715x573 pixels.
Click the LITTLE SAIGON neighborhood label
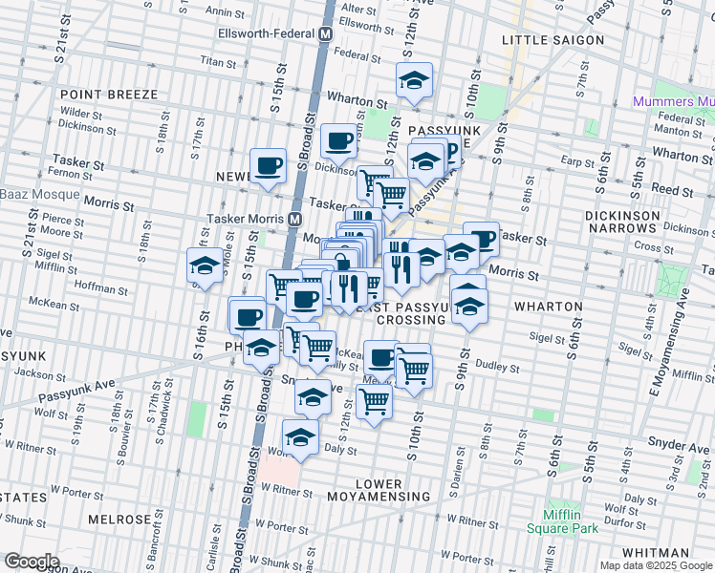point(553,40)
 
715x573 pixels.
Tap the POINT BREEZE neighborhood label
point(102,95)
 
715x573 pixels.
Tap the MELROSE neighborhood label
point(119,520)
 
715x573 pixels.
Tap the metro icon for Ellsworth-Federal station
point(327,32)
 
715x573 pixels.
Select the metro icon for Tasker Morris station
point(297,219)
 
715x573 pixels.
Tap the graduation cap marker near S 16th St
point(205,267)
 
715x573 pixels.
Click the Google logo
point(32,562)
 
